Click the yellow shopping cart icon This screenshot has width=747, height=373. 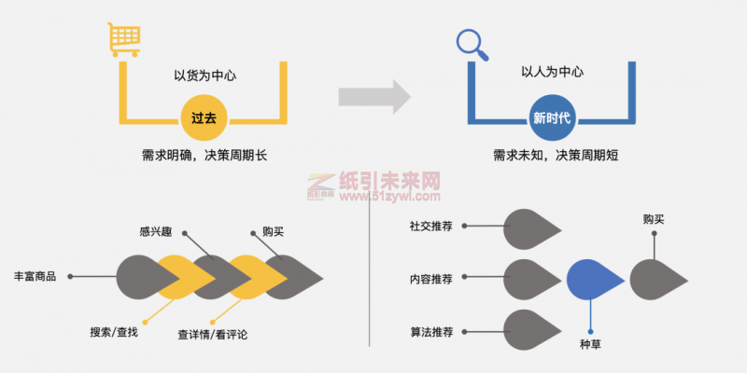123,39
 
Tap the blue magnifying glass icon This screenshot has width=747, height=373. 472,45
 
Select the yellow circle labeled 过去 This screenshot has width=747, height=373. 204,117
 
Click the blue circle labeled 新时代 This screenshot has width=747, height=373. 552,117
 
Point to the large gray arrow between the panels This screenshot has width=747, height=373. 374,97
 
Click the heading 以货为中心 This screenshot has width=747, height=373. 204,76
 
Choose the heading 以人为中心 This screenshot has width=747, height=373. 552,73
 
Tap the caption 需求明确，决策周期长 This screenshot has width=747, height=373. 204,155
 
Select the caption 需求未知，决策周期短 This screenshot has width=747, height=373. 556,155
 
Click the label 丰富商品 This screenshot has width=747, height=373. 35,276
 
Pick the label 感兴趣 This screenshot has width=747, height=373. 156,232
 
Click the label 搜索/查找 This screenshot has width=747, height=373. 114,332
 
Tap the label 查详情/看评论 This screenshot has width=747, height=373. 213,335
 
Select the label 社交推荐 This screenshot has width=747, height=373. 430,226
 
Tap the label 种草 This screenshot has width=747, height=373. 590,344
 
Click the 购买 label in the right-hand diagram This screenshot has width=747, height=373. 654,219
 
